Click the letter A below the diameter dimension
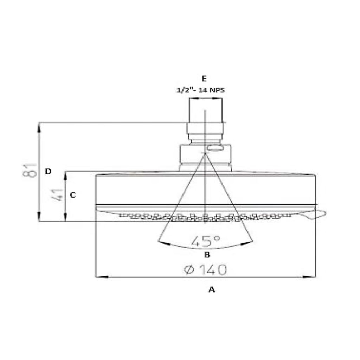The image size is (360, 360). point(212,289)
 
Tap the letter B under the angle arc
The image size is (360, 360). point(207,255)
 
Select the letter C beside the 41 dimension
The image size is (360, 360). point(72,195)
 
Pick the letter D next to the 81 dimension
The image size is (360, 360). point(48,171)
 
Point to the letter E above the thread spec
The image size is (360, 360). point(204,78)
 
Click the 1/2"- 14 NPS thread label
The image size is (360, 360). point(200,90)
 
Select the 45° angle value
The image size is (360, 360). point(205,241)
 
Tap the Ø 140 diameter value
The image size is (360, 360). point(205,270)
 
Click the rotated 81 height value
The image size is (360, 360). point(30,171)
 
